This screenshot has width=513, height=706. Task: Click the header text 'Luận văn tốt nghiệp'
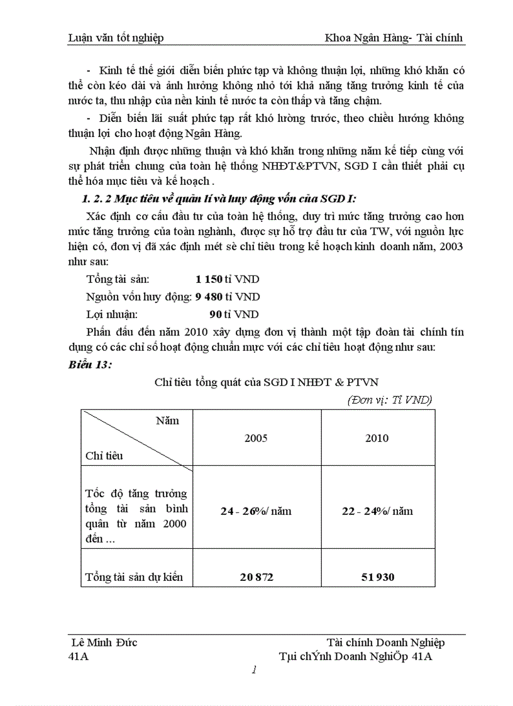coord(116,38)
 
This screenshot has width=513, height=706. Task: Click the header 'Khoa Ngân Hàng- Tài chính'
coord(394,38)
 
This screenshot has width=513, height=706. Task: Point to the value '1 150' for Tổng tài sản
coord(209,279)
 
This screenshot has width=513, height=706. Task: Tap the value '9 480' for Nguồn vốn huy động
coord(209,297)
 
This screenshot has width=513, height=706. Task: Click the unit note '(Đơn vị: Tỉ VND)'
coord(390,400)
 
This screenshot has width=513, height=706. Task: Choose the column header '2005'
coord(256,438)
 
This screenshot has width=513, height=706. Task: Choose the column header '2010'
coord(377,438)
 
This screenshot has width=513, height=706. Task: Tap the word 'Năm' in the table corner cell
coord(167,421)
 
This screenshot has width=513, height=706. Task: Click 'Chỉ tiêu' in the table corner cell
coord(104,456)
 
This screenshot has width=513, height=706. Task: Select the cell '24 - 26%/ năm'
coord(256,511)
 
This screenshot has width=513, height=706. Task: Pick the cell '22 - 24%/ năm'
coord(377,511)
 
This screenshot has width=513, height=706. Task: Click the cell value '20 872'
coord(256,576)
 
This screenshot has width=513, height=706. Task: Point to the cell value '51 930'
coord(377,576)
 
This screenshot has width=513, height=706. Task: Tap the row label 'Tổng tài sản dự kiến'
coord(135,576)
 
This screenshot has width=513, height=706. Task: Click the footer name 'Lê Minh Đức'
coord(106,643)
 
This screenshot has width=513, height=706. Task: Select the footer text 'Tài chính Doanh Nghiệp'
coord(386,643)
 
